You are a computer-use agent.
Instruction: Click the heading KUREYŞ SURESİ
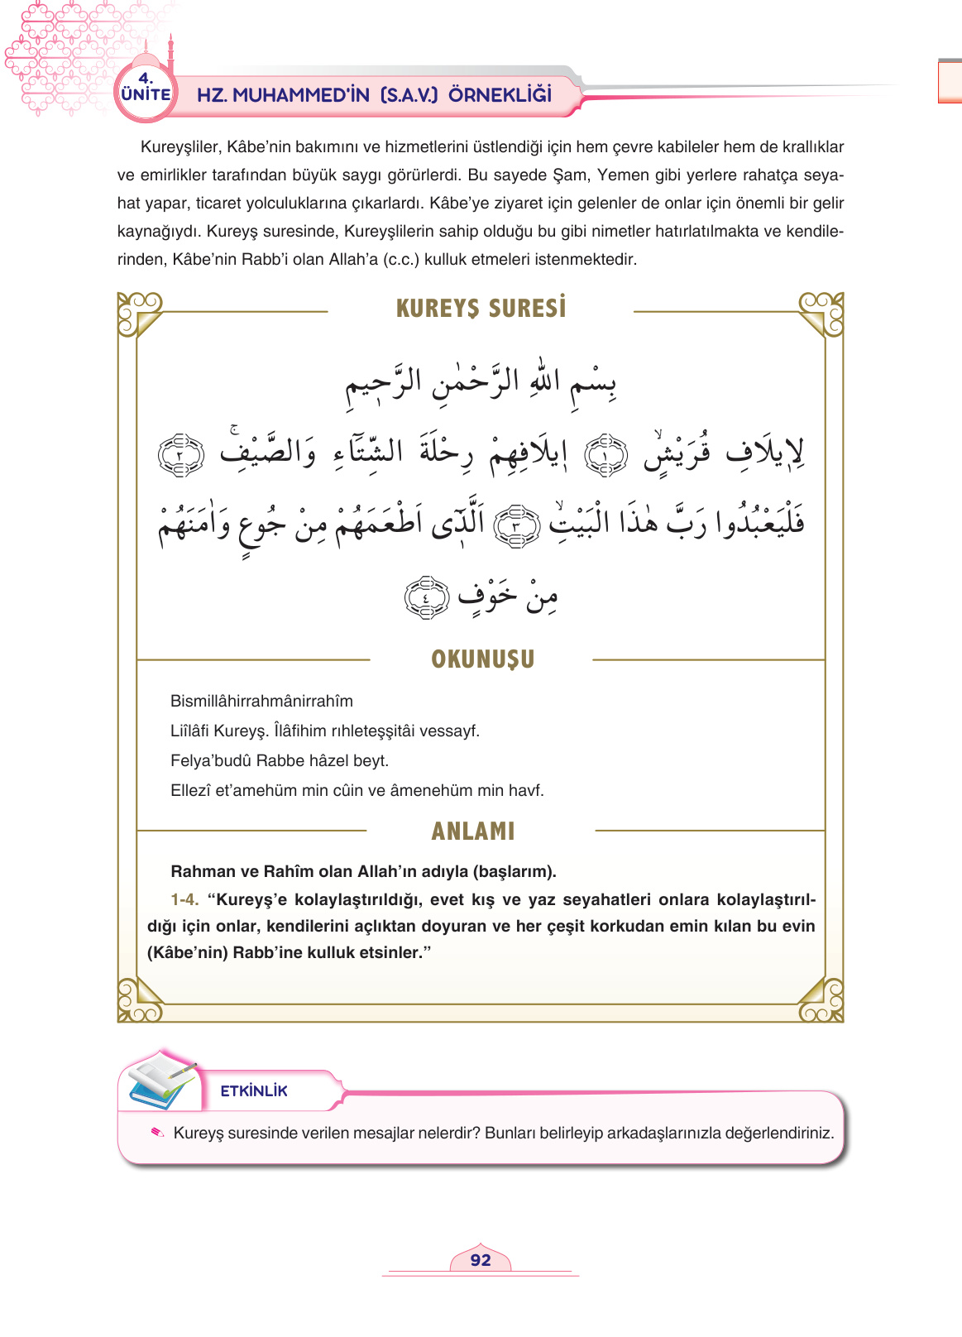(x=481, y=309)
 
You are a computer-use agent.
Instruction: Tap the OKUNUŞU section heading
(x=482, y=659)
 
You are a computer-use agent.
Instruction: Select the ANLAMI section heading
(x=473, y=831)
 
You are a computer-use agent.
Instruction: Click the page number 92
(x=481, y=1260)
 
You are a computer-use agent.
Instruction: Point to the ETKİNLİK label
(x=254, y=1091)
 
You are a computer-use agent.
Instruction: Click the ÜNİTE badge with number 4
(x=146, y=89)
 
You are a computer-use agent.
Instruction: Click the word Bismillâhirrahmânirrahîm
(x=261, y=702)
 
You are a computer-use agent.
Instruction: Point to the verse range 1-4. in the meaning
(x=184, y=899)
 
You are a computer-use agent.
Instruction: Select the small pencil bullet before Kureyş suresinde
(x=157, y=1133)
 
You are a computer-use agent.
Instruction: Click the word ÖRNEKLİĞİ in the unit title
(x=500, y=94)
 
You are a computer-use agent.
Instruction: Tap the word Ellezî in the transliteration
(x=190, y=791)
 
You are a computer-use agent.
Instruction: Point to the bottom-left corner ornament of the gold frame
(x=139, y=1000)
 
